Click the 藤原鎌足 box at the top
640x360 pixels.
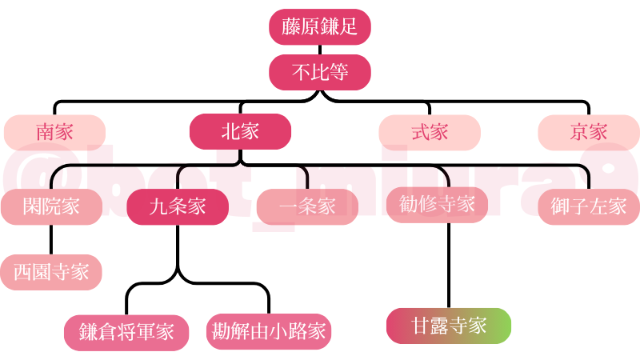click(320, 27)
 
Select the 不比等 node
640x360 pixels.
click(320, 72)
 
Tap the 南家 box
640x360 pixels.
click(54, 132)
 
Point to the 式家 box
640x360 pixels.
click(430, 132)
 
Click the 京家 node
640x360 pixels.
click(589, 132)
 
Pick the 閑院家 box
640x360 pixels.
click(51, 206)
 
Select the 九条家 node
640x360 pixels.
click(178, 206)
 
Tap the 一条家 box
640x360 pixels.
click(308, 206)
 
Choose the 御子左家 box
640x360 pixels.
click(589, 206)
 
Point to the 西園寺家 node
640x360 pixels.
click(51, 272)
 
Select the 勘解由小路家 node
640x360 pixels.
click(269, 331)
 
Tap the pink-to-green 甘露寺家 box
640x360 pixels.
click(448, 326)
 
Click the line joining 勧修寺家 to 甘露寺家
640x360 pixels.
click(448, 264)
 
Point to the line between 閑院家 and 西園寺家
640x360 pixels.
click(51, 239)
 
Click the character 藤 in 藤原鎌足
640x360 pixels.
click(290, 27)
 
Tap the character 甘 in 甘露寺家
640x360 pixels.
click(420, 326)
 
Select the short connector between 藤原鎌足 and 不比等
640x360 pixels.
click(320, 50)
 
